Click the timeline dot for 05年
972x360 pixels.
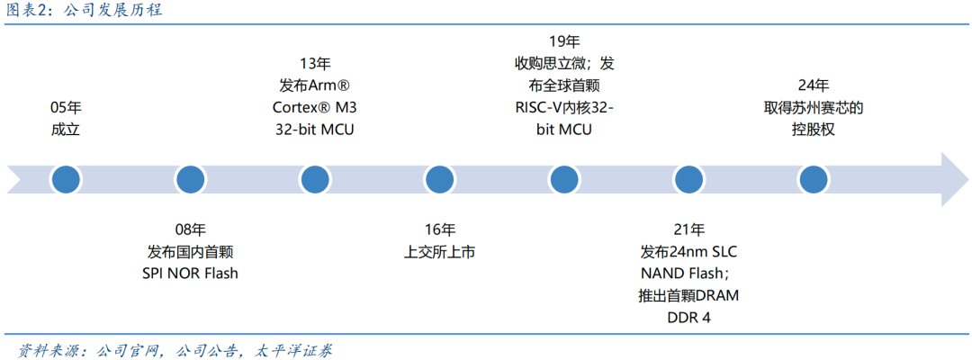click(66, 179)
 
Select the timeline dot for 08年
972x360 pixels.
click(190, 179)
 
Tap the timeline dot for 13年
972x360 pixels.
click(314, 179)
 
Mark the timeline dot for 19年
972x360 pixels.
click(563, 179)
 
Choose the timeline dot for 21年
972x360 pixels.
click(688, 179)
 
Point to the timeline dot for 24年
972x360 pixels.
click(813, 179)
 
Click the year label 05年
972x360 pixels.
click(66, 108)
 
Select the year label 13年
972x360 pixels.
click(314, 64)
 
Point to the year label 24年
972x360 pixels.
click(813, 85)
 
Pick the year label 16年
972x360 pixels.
click(439, 229)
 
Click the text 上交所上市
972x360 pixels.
click(439, 252)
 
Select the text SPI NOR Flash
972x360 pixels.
click(190, 274)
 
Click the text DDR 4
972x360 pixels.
click(688, 318)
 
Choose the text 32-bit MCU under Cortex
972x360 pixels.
click(314, 130)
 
